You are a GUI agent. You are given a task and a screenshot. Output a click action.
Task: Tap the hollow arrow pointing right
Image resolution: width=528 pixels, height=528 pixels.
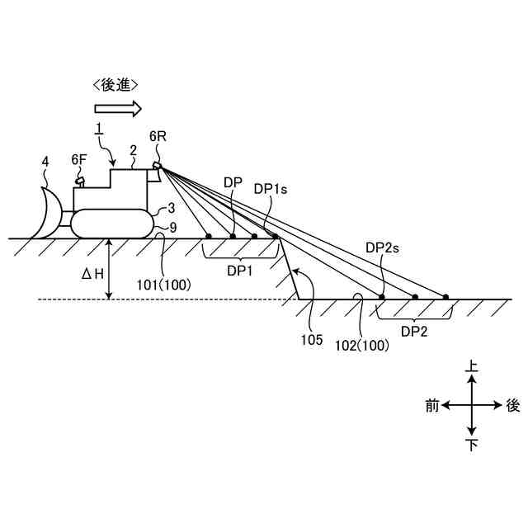coord(118,108)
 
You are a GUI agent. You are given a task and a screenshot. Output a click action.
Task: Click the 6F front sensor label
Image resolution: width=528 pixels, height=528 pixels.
coord(78,159)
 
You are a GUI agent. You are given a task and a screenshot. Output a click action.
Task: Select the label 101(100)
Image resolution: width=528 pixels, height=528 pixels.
coord(165,285)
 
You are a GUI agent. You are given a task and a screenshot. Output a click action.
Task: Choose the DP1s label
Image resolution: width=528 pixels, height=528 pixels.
coord(270,189)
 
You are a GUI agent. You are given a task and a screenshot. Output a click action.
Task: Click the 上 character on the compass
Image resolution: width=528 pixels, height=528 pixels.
coord(471,365)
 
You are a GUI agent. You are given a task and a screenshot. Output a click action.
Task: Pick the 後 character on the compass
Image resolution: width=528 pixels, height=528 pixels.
coord(512,405)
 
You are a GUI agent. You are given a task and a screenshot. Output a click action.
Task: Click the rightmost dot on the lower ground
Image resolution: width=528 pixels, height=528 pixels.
coord(445,297)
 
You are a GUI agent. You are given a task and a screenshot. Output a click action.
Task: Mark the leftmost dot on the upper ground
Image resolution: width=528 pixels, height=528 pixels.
coord(209,237)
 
